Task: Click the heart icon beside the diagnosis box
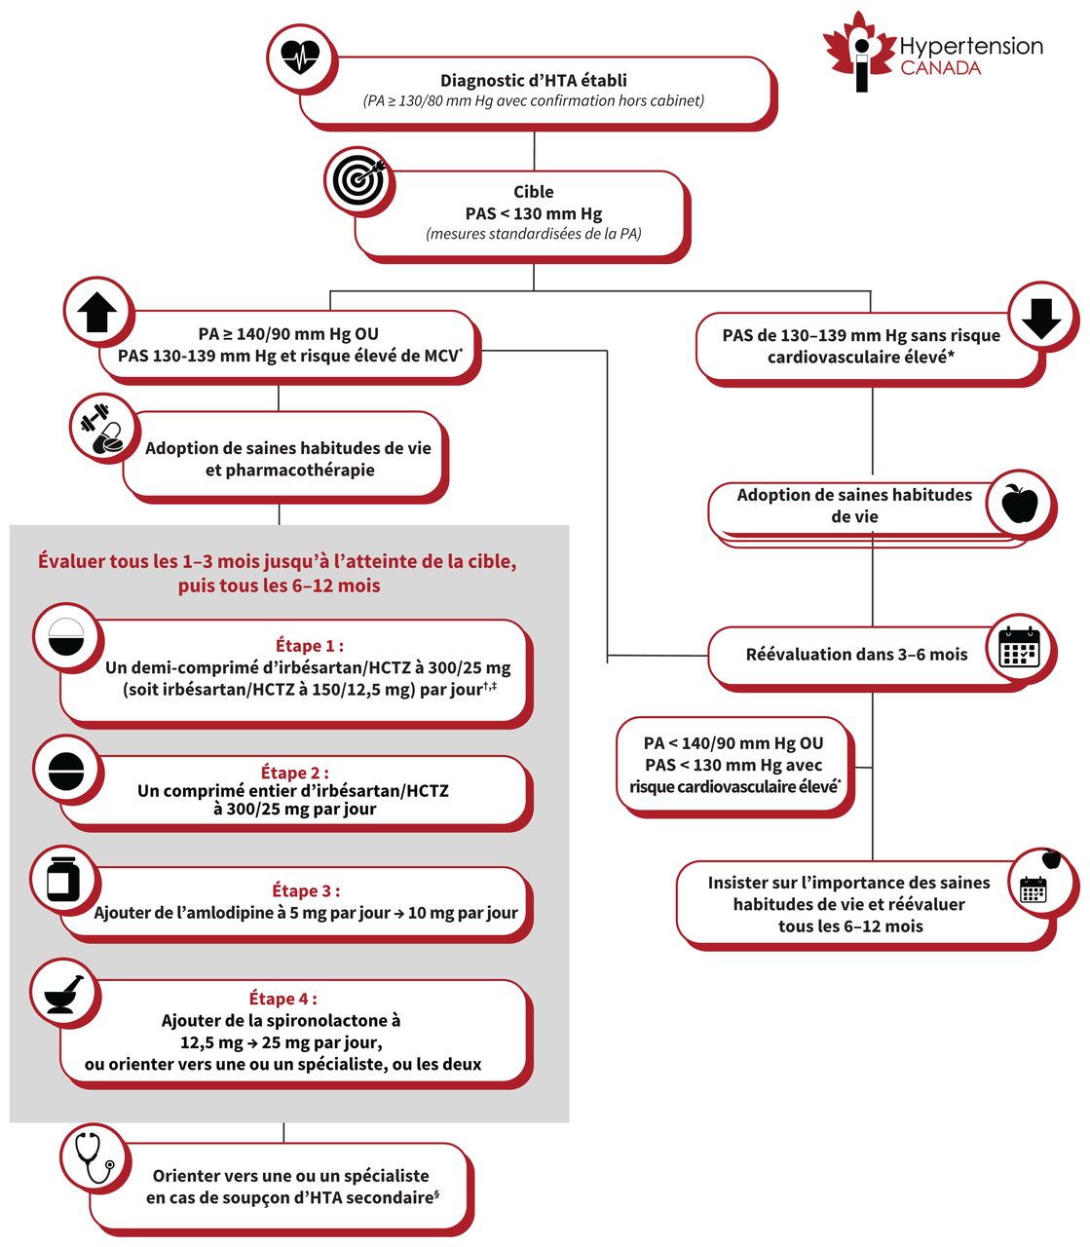point(300,56)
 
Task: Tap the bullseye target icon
point(358,178)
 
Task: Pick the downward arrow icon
point(1041,315)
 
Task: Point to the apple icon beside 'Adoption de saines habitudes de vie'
point(1018,504)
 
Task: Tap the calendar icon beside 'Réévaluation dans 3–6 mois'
point(1019,648)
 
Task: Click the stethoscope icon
point(94,1156)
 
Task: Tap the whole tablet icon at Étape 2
point(66,770)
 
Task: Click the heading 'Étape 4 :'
point(282,999)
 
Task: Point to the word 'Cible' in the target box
point(534,192)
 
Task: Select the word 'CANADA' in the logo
point(940,68)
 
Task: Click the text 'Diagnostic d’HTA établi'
point(533,81)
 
